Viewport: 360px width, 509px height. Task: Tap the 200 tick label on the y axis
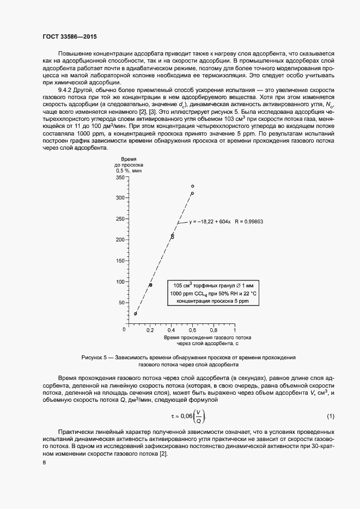coord(120,240)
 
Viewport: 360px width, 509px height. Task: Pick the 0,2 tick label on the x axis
coord(151,330)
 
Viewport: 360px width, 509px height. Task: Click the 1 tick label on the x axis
coord(235,330)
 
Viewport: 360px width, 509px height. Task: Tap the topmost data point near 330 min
coord(192,186)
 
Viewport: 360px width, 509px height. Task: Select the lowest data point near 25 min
coord(136,314)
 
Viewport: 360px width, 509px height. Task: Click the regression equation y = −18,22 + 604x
coord(210,222)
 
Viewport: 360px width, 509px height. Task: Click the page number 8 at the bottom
coord(44,463)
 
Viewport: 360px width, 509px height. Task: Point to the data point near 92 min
coord(151,285)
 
